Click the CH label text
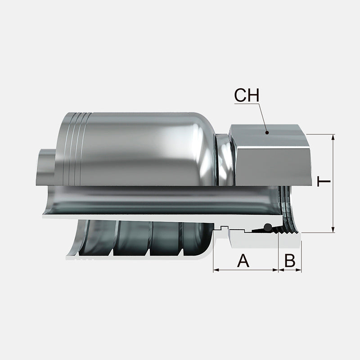[247, 95]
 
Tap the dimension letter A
[243, 261]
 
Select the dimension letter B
[290, 261]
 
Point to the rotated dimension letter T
[324, 181]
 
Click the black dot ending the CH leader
[267, 132]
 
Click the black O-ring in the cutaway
[267, 227]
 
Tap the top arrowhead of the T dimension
[333, 137]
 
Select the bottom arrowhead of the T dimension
[333, 229]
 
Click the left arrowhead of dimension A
[216, 270]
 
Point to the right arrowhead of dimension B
[298, 270]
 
